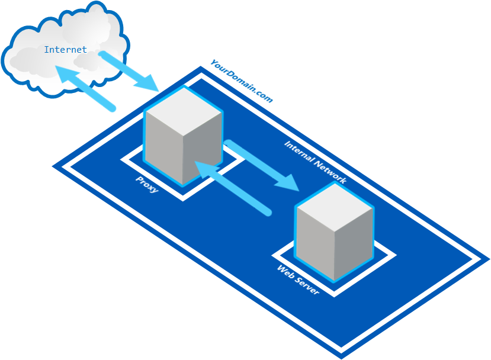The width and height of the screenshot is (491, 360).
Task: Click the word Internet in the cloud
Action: [x=65, y=50]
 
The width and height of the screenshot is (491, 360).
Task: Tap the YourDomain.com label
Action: [x=242, y=81]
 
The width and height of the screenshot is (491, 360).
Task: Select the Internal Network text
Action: [x=315, y=162]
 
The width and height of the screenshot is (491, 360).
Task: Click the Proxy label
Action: [x=147, y=185]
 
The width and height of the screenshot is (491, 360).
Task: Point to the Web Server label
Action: [x=298, y=279]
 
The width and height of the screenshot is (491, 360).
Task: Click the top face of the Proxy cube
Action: [x=184, y=111]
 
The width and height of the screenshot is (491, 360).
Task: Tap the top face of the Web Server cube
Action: [x=335, y=208]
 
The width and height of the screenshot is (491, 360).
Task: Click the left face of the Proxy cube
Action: [x=164, y=148]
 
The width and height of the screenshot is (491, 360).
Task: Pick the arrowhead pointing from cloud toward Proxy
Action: [x=147, y=83]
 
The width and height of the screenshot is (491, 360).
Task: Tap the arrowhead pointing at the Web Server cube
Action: [x=288, y=182]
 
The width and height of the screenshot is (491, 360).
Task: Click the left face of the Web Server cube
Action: [x=316, y=243]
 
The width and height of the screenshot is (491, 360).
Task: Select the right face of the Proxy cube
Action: [x=203, y=148]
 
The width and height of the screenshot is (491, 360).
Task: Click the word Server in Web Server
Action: [x=307, y=286]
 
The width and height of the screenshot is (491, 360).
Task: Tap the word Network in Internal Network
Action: [x=330, y=172]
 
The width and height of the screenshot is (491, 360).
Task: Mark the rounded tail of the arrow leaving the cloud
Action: [x=102, y=54]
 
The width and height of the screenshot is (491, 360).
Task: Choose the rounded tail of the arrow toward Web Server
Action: [x=228, y=143]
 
